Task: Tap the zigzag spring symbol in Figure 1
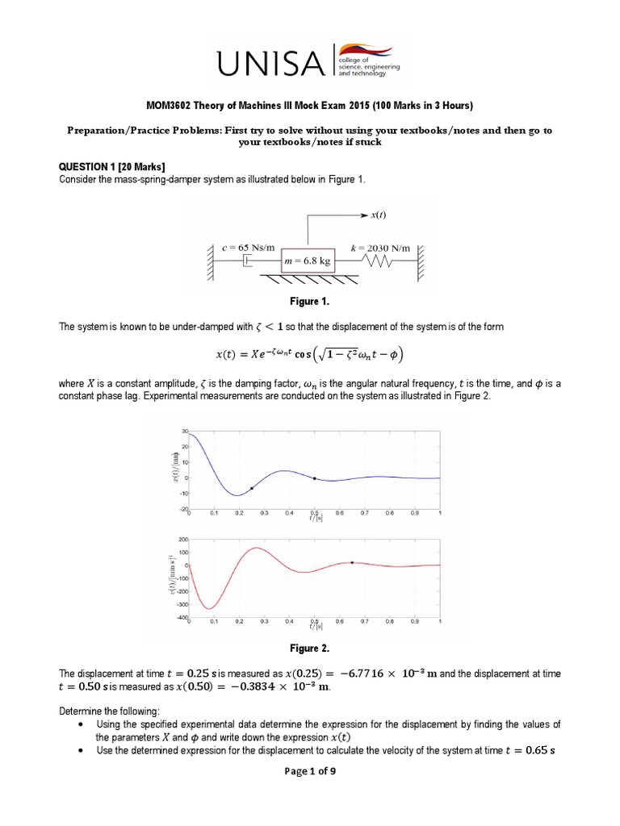(x=379, y=261)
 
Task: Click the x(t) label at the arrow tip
(x=380, y=216)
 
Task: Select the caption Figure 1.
(x=310, y=300)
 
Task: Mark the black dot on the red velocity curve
(x=351, y=562)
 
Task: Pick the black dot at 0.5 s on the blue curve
(x=314, y=479)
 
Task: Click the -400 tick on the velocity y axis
(x=181, y=617)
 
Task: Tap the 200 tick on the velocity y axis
(x=182, y=539)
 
